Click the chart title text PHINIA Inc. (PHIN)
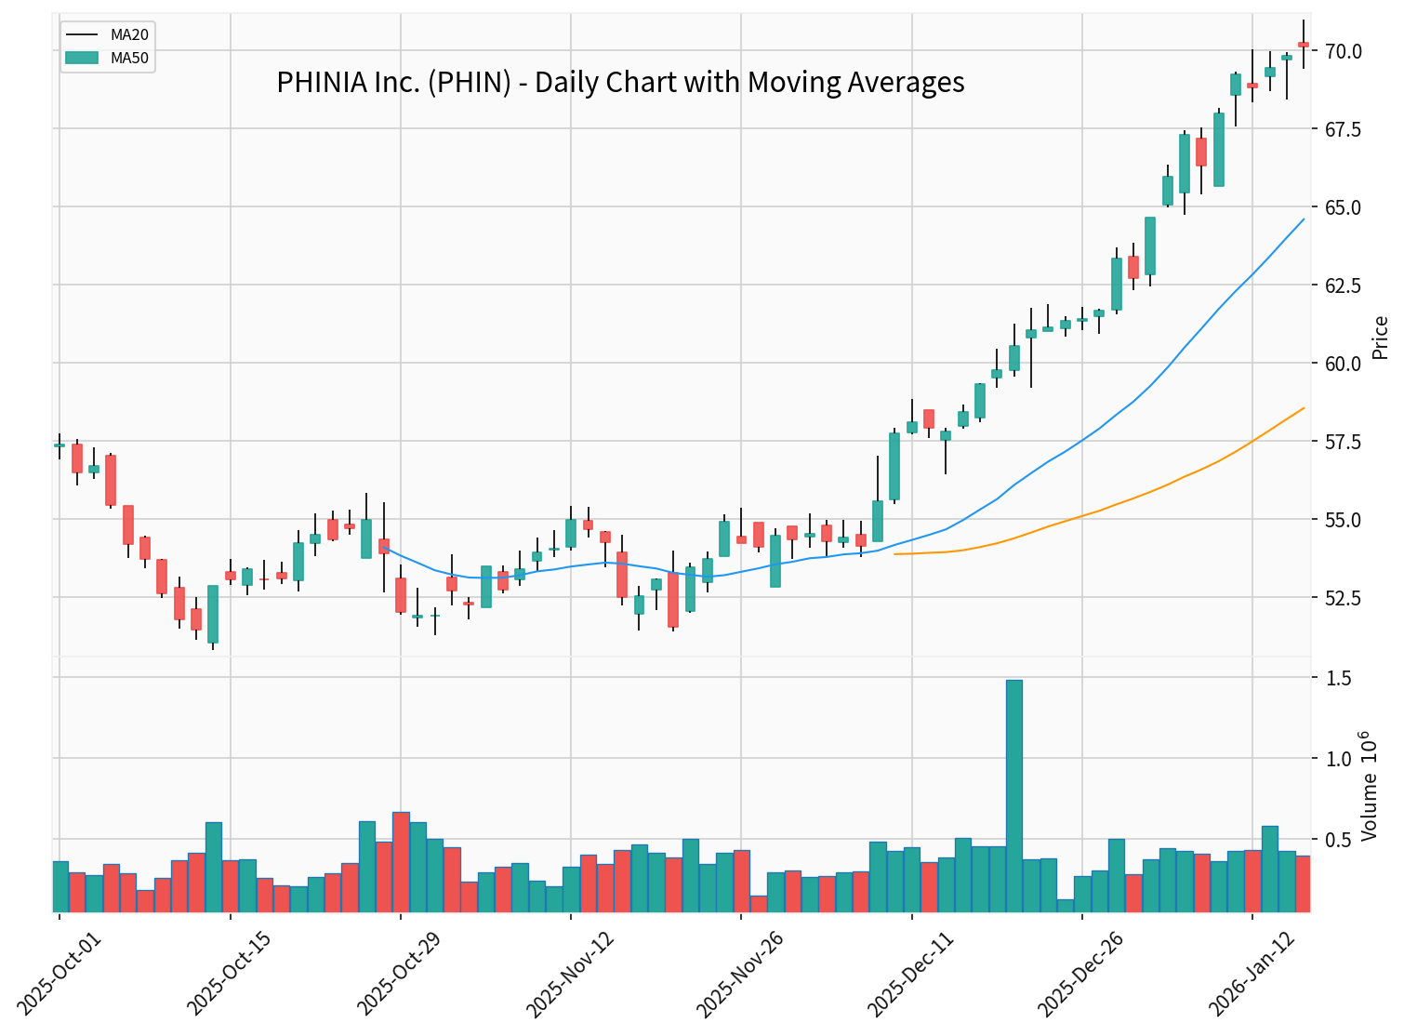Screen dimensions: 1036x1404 pyautogui.click(x=620, y=83)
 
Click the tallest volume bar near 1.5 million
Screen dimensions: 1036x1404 pyautogui.click(x=1014, y=795)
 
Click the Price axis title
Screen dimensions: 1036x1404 pyautogui.click(x=1381, y=338)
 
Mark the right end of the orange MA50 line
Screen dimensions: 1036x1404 pyautogui.click(x=1304, y=407)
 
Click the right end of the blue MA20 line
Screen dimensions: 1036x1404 pyautogui.click(x=1304, y=219)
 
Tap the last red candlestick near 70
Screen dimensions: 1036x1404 pyautogui.click(x=1304, y=45)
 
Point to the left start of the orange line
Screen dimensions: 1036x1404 pyautogui.click(x=894, y=554)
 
